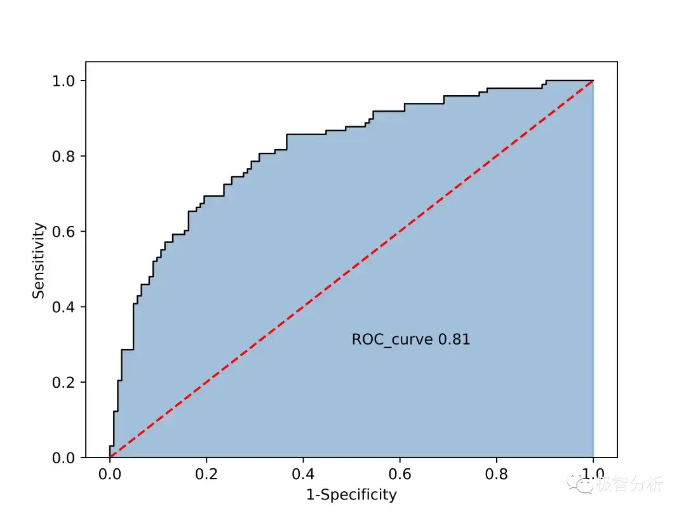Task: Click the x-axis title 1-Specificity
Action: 351,495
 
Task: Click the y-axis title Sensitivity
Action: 39,260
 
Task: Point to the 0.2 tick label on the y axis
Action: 64,382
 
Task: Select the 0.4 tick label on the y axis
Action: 64,307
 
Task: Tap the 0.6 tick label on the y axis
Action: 64,232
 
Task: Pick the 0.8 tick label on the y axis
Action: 64,156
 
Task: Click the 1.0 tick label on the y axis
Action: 64,81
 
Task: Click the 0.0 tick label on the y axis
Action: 64,458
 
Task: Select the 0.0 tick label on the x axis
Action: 110,475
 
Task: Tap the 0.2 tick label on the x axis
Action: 206,475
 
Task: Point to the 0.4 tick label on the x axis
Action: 303,475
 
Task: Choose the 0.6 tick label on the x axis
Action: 400,475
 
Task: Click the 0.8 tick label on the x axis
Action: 496,475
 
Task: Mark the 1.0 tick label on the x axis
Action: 593,475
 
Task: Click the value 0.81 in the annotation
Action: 455,339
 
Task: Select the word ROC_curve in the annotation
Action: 393,340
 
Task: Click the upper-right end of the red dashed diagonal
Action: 592,81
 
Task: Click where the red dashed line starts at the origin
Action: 111,457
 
